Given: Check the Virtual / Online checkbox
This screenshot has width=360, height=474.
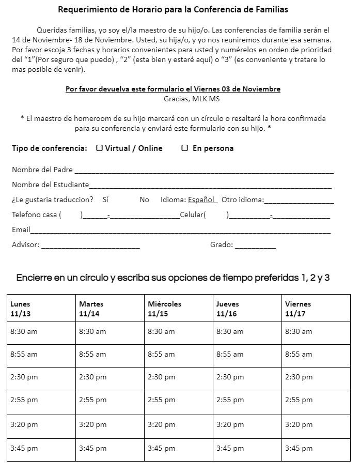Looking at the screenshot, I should (99, 148).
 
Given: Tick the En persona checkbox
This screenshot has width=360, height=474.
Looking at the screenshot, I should (184, 148).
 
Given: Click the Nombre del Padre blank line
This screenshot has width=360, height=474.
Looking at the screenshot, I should (204, 171).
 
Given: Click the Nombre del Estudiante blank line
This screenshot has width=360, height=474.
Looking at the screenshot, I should (210, 186).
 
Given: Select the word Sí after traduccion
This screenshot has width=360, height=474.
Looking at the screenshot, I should (105, 200).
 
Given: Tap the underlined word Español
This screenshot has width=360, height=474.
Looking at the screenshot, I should (201, 200).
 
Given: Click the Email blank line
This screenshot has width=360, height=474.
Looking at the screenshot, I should (180, 231).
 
